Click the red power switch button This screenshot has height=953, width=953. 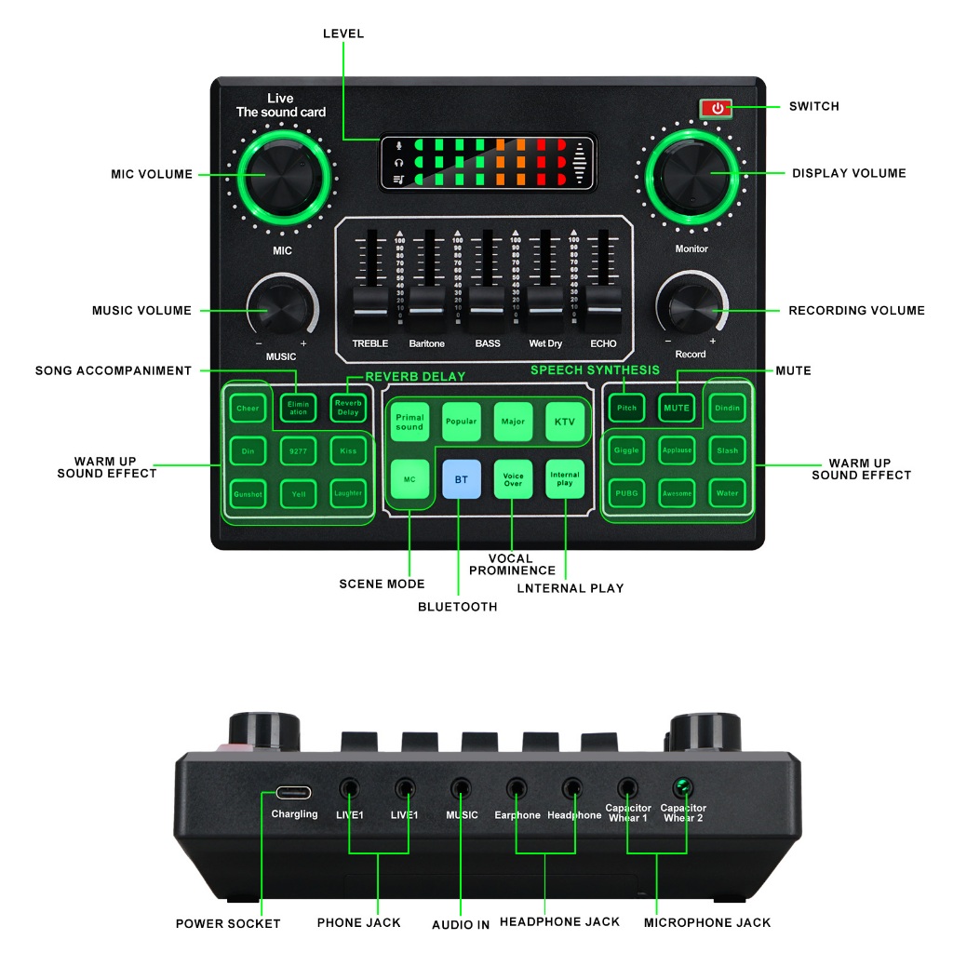pyautogui.click(x=717, y=108)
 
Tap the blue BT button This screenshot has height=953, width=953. pyautogui.click(x=462, y=480)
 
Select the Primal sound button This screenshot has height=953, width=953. pyautogui.click(x=409, y=422)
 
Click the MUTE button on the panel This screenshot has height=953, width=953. pyautogui.click(x=677, y=408)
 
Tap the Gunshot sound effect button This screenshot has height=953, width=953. pyautogui.click(x=248, y=492)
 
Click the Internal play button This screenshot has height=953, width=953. pyautogui.click(x=565, y=480)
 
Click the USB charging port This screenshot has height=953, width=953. pyautogui.click(x=294, y=793)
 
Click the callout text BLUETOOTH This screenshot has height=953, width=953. pyautogui.click(x=457, y=607)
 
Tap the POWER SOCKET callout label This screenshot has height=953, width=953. pyautogui.click(x=228, y=923)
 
